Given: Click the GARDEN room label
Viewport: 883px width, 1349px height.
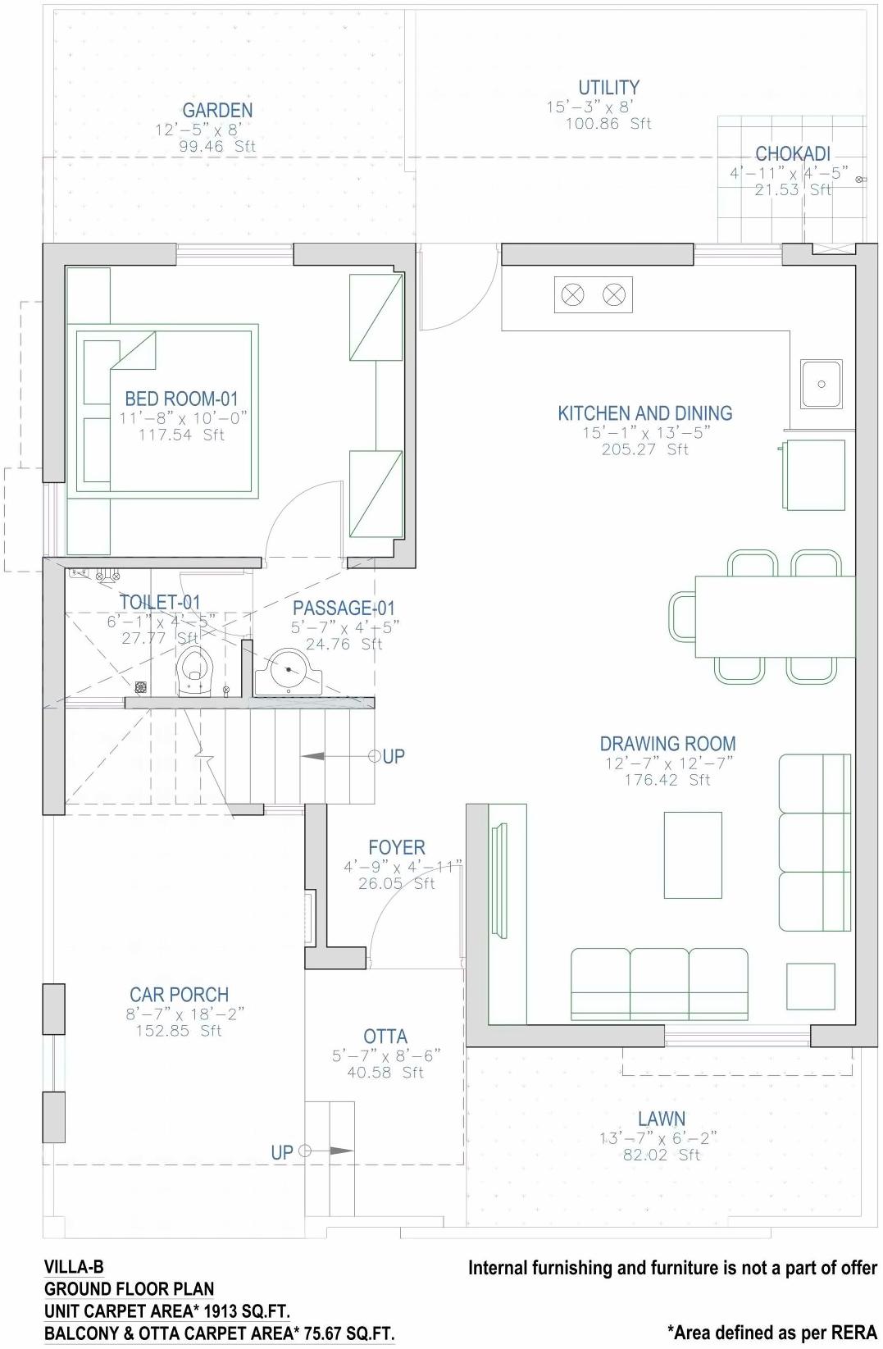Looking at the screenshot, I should pos(217,110).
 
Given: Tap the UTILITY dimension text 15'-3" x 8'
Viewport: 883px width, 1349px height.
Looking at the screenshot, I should pos(589,107).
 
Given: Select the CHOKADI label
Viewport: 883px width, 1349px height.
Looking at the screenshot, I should pos(792,153).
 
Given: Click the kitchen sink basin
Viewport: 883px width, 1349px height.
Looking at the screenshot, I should pos(821,383).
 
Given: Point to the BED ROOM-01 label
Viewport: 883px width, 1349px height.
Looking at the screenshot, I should pos(181,399).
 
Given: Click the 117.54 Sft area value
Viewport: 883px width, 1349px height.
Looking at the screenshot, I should pos(181,435).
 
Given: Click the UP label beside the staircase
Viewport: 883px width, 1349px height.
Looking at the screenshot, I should pos(394,756).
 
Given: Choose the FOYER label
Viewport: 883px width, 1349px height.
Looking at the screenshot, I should pos(396,847).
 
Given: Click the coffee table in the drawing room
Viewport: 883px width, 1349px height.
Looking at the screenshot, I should pos(693,855).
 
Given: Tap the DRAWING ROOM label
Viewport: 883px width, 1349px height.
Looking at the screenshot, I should pos(667,744).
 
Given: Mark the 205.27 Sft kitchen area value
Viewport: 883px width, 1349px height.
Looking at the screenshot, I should pos(644,449).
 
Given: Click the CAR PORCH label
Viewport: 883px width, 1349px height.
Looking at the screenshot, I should pos(179,995).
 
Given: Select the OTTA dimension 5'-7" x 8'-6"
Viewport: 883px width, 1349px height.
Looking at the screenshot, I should pos(385,1055).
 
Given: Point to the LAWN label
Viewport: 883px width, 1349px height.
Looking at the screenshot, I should pos(661,1119).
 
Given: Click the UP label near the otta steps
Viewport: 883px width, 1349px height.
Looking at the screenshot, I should pos(281,1152).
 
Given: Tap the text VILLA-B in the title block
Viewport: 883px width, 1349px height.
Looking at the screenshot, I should pos(74,1267).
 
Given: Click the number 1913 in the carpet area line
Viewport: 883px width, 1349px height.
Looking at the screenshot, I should pos(221,1311).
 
